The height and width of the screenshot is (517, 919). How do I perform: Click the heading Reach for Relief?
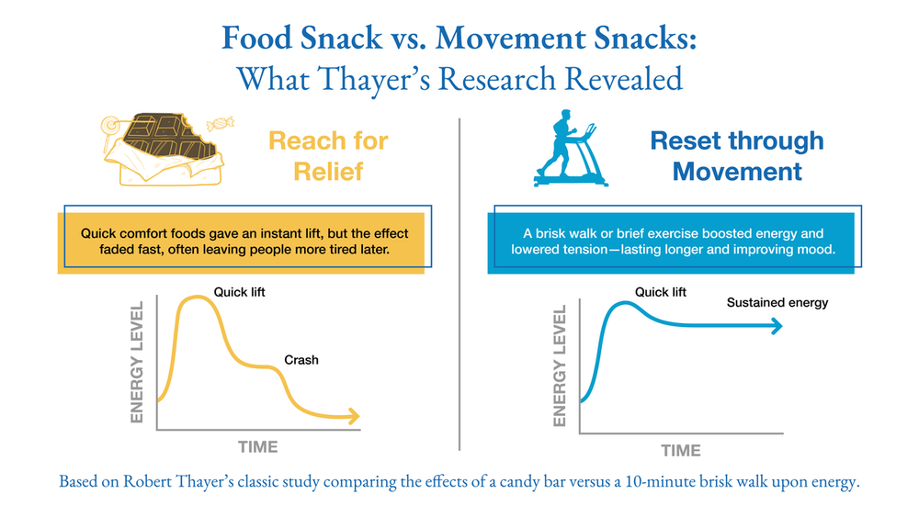coord(328,155)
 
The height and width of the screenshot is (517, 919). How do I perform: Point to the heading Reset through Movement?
coord(737,155)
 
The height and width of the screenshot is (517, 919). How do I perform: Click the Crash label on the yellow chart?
coord(301,360)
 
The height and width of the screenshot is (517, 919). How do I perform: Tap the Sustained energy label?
coord(777,302)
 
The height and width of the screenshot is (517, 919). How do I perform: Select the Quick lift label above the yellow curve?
coord(239,292)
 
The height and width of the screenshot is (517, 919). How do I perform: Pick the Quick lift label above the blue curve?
coord(661,292)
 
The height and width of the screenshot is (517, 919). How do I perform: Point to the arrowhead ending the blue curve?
coord(777,325)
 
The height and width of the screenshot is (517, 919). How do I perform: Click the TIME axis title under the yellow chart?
coord(258,447)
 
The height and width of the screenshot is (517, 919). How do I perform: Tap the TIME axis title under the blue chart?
coord(681,450)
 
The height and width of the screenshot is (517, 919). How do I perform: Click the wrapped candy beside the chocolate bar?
coord(223,123)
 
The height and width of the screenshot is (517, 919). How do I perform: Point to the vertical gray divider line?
coord(459,285)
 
